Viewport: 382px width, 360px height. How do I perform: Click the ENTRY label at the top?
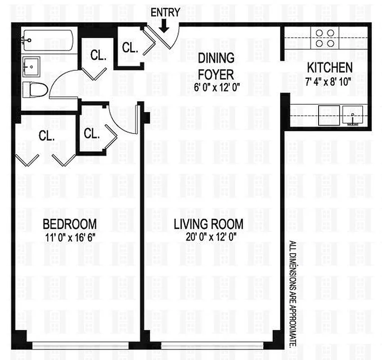pos(165,13)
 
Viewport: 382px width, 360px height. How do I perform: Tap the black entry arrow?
pos(164,27)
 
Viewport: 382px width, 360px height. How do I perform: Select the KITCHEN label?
pos(329,68)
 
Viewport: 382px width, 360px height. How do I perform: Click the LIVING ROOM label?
pos(209,224)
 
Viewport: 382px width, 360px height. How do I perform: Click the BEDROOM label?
pos(69,224)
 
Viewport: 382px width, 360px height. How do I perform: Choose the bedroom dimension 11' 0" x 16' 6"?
pos(69,237)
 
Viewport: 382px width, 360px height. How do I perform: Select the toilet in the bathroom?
pos(33,90)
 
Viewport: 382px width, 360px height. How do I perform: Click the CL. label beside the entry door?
pos(130,47)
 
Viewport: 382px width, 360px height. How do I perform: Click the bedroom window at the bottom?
pos(86,346)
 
